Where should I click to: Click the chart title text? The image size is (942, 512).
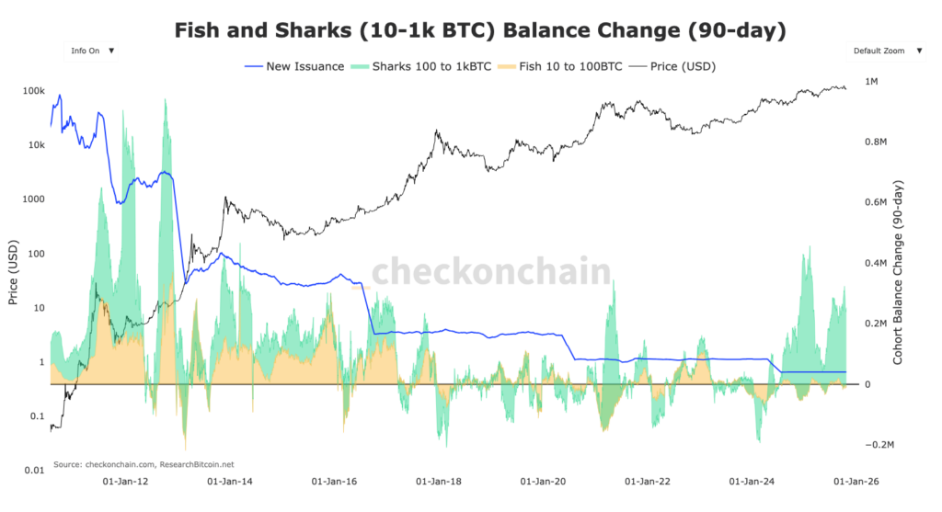click(x=481, y=30)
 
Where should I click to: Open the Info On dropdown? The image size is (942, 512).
click(x=92, y=51)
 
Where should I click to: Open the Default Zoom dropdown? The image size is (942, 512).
click(x=884, y=51)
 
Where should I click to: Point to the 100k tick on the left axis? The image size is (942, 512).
click(x=34, y=91)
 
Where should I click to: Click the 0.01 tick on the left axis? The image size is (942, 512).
click(x=34, y=470)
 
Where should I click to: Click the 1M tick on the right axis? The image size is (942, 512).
click(x=871, y=82)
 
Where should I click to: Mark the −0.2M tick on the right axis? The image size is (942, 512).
click(x=878, y=445)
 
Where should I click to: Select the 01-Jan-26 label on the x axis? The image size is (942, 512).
click(x=856, y=481)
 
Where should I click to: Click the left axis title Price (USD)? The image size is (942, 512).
click(x=13, y=277)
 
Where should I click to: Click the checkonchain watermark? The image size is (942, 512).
click(x=490, y=272)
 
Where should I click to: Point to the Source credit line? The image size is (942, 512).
click(x=144, y=464)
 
